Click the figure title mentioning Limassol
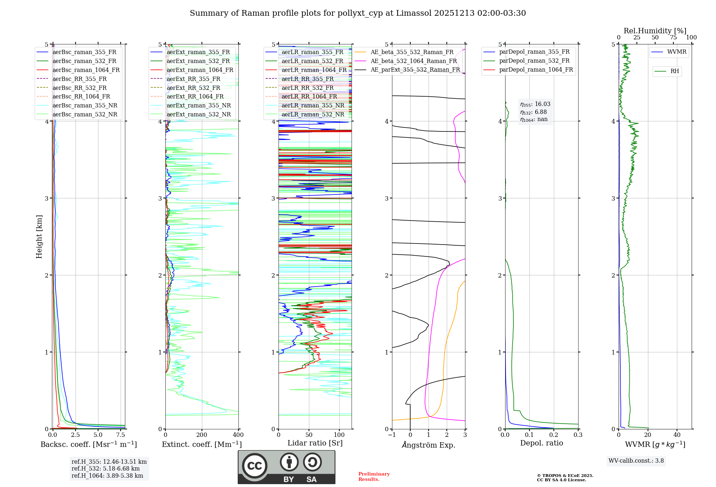[x=358, y=13]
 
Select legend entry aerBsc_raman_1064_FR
[x=86, y=70]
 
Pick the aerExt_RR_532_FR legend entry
[x=193, y=88]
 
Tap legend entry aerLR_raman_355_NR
[x=313, y=105]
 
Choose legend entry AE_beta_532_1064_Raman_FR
[x=413, y=61]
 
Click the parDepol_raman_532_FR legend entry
[x=534, y=61]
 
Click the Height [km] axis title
[x=39, y=237]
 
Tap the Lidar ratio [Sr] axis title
[x=315, y=443]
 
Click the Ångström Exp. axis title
[x=429, y=445]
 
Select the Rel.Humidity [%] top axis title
[x=655, y=31]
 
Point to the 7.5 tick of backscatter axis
[x=121, y=435]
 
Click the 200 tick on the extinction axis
[x=202, y=435]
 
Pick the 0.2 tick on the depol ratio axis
[x=554, y=435]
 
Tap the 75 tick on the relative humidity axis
[x=673, y=38]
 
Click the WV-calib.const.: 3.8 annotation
[x=636, y=461]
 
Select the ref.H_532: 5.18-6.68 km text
[x=106, y=468]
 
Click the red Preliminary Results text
[x=374, y=477]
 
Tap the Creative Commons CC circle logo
[x=255, y=466]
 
